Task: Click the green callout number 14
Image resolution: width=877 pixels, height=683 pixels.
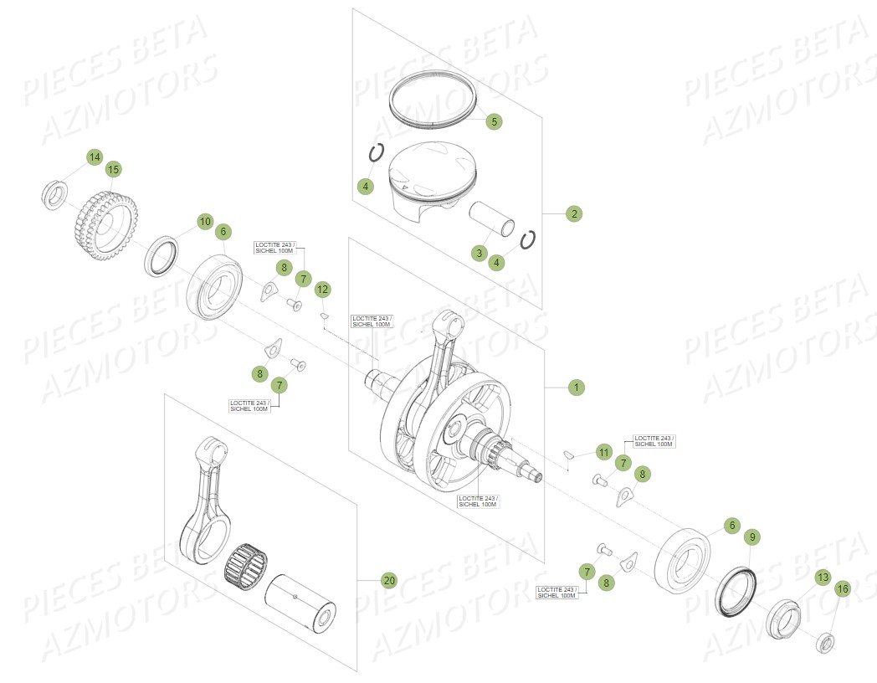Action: tap(95, 157)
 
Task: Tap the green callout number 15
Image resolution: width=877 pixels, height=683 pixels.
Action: tap(113, 169)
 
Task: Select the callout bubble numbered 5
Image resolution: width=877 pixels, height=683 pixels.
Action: tap(494, 121)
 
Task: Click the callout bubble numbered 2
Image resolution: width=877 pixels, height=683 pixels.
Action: tap(573, 213)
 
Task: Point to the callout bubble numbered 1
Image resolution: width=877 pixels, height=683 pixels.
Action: tap(575, 388)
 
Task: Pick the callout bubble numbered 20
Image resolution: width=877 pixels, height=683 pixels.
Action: tap(388, 580)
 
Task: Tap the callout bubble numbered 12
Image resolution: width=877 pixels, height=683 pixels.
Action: tap(323, 290)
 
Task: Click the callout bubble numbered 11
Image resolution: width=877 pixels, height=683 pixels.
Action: tap(603, 452)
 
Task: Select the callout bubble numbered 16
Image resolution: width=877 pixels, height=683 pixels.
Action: tap(842, 589)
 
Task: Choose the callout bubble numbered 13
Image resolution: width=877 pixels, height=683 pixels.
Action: tap(823, 578)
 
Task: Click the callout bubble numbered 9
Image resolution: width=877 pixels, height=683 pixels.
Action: tap(751, 537)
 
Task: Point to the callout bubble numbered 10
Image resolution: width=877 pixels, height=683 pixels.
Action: tap(205, 222)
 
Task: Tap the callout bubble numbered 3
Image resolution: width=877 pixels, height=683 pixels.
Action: tap(480, 253)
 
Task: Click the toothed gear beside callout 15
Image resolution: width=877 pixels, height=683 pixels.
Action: tap(104, 223)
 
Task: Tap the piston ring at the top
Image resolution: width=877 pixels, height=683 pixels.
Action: tap(433, 99)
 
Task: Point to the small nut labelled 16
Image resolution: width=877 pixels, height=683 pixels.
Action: tap(824, 644)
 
